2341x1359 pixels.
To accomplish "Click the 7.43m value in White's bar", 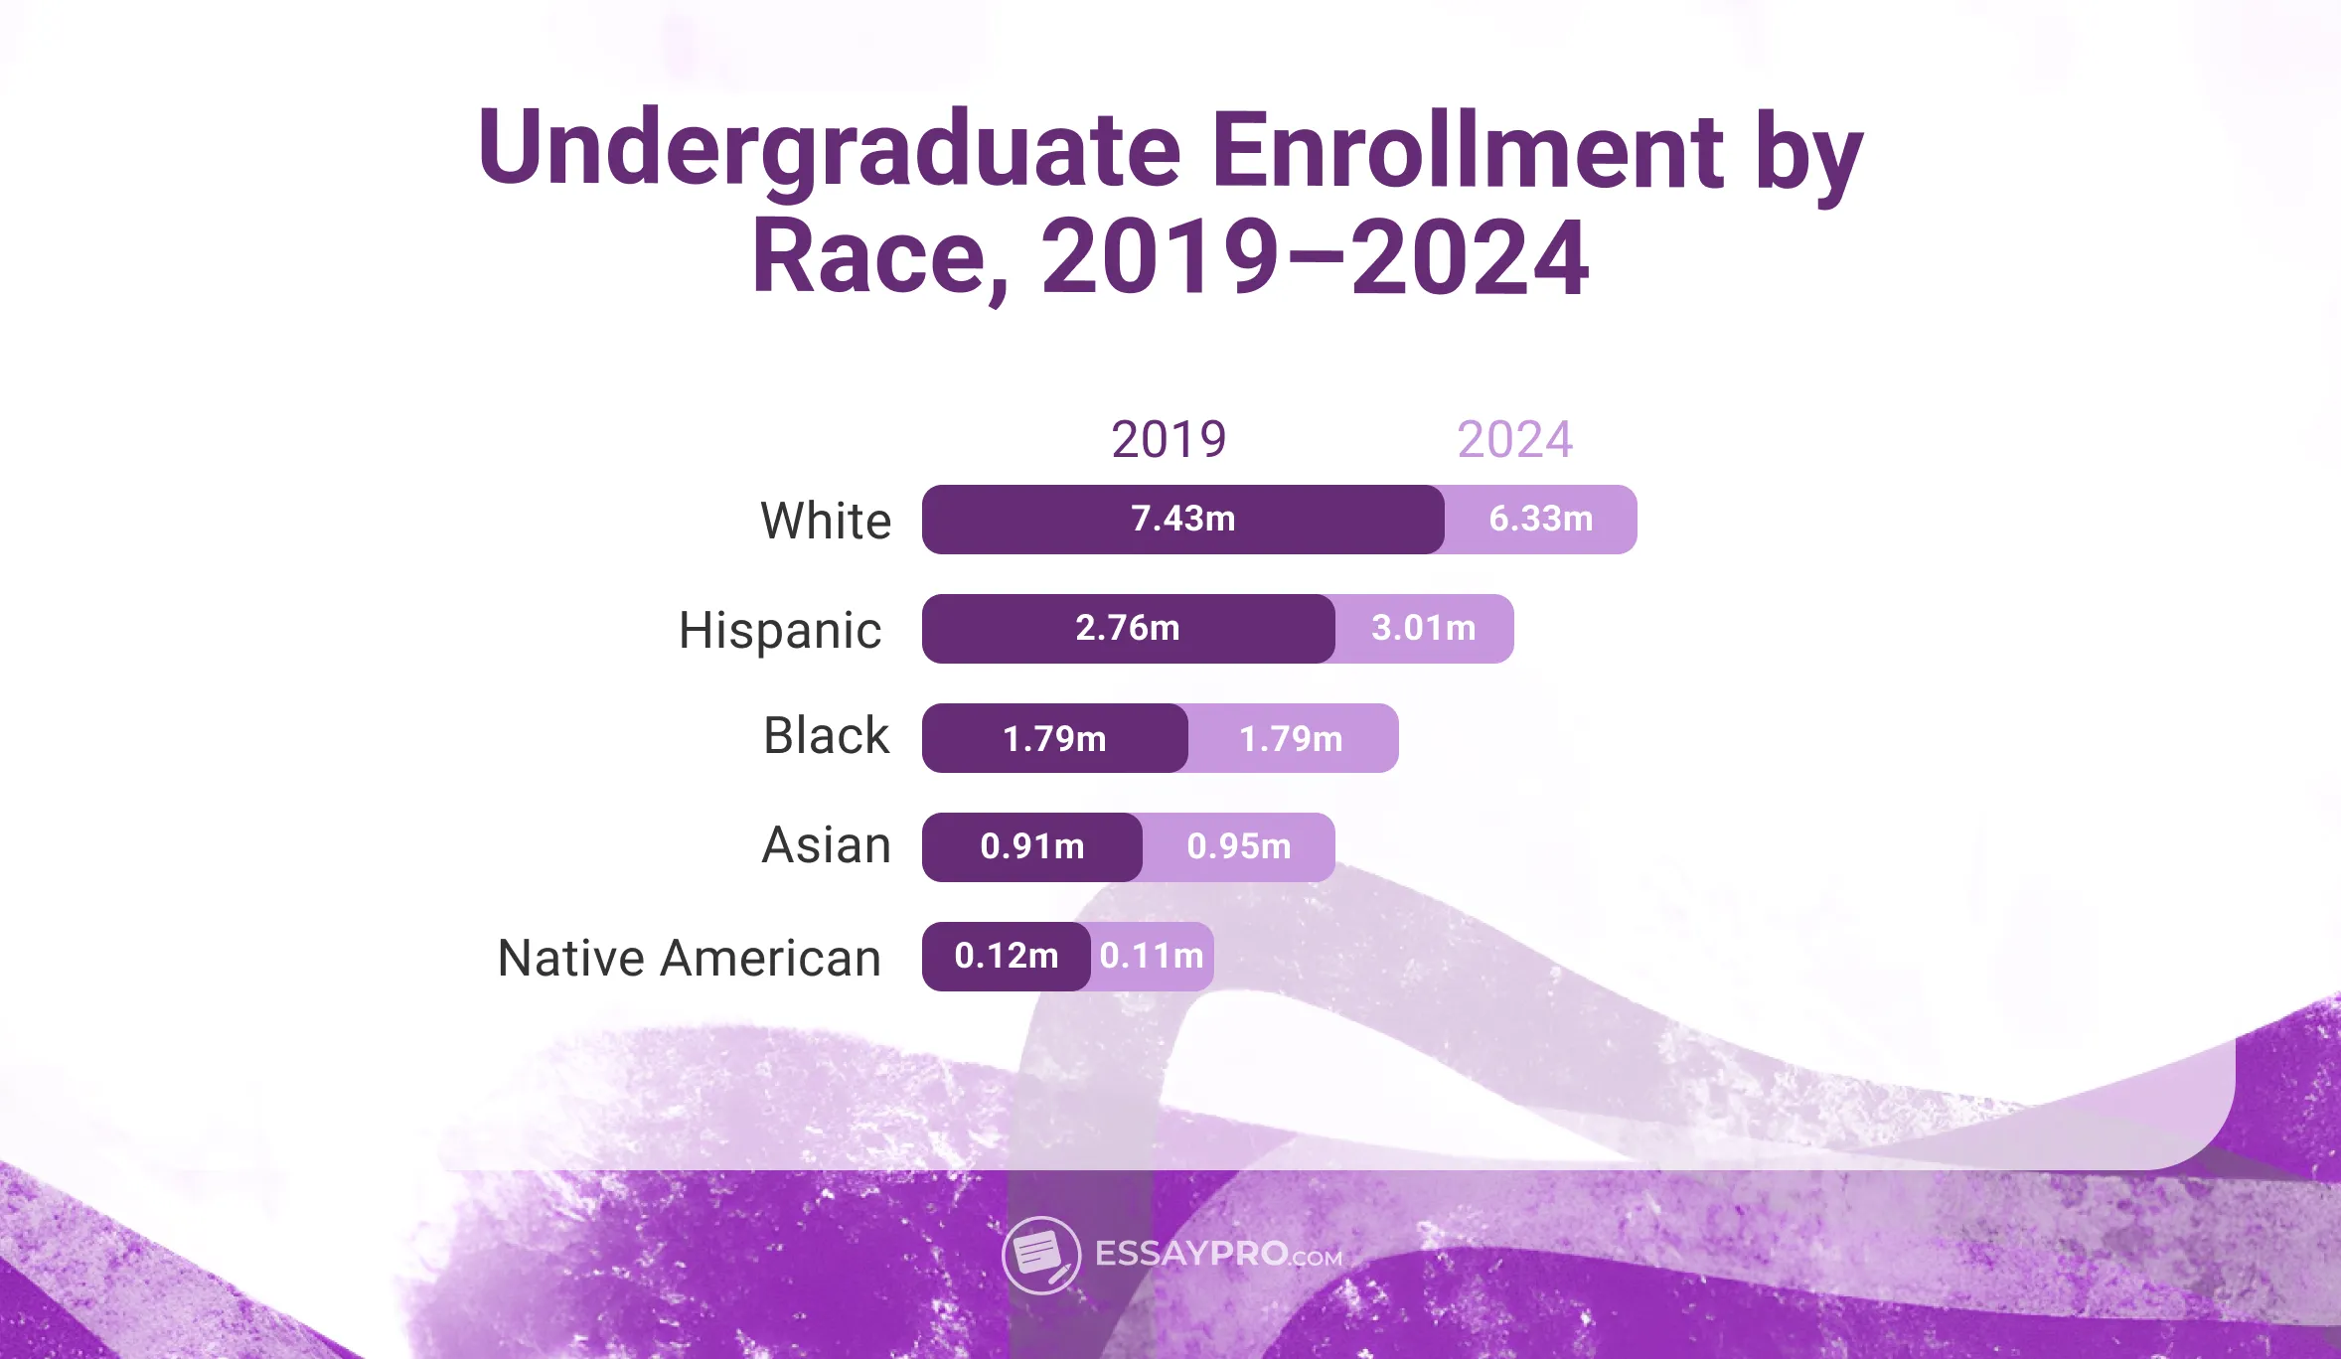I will (1182, 519).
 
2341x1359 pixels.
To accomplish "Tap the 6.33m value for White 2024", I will (1540, 519).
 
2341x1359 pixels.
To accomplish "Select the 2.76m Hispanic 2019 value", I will (1128, 628).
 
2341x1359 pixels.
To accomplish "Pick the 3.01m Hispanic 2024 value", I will (1423, 628).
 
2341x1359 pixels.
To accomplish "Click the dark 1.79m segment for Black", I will (1054, 738).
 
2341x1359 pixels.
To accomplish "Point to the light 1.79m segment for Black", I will (1291, 738).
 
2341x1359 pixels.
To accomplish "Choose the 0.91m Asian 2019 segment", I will (1031, 846).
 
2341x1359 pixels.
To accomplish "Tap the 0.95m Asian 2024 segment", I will (1238, 846).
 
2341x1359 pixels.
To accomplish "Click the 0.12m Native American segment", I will (1006, 956).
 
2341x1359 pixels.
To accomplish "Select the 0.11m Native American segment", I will (1152, 956).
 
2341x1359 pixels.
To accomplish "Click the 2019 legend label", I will (1169, 439).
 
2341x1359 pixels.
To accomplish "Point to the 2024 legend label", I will (1514, 439).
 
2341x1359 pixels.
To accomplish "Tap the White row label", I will (826, 521).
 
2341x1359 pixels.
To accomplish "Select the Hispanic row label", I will (780, 630).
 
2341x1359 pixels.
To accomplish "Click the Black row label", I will (826, 736).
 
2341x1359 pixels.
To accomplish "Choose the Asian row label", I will (826, 845).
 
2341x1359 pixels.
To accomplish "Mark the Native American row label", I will (689, 959).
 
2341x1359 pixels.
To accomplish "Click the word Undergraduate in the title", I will (830, 149).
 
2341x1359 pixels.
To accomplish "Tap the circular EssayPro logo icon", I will (1040, 1255).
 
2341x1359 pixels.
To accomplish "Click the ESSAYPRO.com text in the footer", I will (1218, 1255).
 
